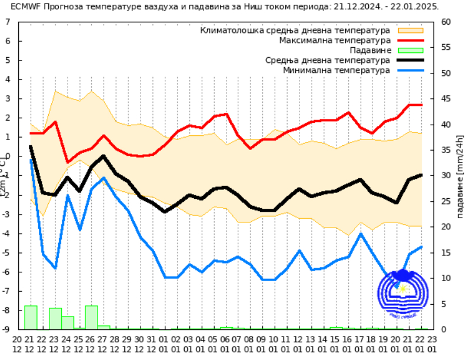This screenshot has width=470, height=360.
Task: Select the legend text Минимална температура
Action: pyautogui.click(x=336, y=70)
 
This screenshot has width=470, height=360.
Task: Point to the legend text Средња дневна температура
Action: pyautogui.click(x=328, y=60)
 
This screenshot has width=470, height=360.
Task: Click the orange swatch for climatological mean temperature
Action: pyautogui.click(x=411, y=30)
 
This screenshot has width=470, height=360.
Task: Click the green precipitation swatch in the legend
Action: pyautogui.click(x=411, y=51)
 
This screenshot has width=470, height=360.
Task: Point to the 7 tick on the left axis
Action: pyautogui.click(x=7, y=22)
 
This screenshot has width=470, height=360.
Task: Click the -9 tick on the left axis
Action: pyautogui.click(x=5, y=329)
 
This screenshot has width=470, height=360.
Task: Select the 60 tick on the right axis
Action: pyautogui.click(x=445, y=22)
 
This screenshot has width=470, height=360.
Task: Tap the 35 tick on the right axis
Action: pyautogui.click(x=445, y=150)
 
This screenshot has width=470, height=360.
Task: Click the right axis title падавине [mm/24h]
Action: pyautogui.click(x=461, y=176)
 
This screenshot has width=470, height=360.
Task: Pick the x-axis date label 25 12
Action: pyautogui.click(x=79, y=345)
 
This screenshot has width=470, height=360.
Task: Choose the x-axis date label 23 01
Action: pyautogui.click(x=432, y=345)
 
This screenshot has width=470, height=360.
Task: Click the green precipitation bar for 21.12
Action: pyautogui.click(x=31, y=318)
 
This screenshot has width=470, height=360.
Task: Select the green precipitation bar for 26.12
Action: pyautogui.click(x=91, y=318)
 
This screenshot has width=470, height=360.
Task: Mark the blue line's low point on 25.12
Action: pyautogui.click(x=79, y=229)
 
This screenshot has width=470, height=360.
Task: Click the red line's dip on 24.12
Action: pyautogui.click(x=68, y=162)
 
